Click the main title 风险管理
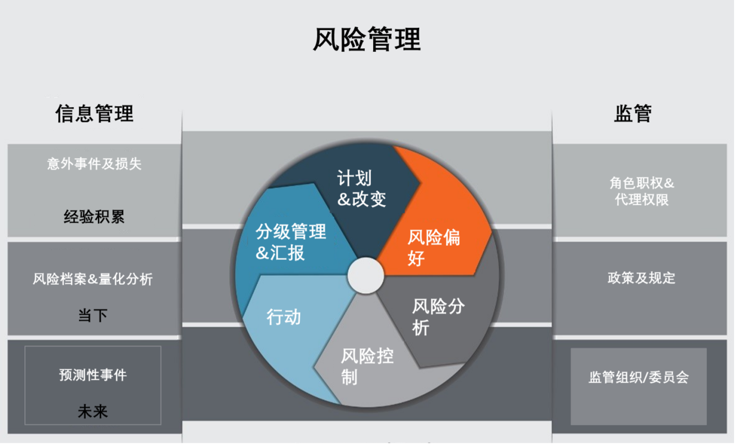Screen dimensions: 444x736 [367, 40]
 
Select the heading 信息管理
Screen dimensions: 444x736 [95, 114]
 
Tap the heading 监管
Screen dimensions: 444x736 [633, 114]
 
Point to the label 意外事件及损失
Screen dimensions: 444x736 [94, 164]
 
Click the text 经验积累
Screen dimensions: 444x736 [94, 217]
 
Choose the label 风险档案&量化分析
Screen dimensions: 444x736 [93, 279]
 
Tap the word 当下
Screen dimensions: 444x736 [93, 315]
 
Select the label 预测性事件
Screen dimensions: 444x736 [93, 375]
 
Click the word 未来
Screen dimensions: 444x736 [93, 411]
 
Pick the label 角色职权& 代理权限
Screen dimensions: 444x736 [641, 191]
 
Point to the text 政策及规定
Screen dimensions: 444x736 [641, 278]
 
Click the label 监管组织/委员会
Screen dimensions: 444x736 [639, 377]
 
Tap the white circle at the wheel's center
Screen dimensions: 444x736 [366, 275]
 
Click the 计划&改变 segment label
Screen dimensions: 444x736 [361, 188]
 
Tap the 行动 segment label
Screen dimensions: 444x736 [284, 317]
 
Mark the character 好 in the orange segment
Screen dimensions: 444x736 [416, 259]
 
